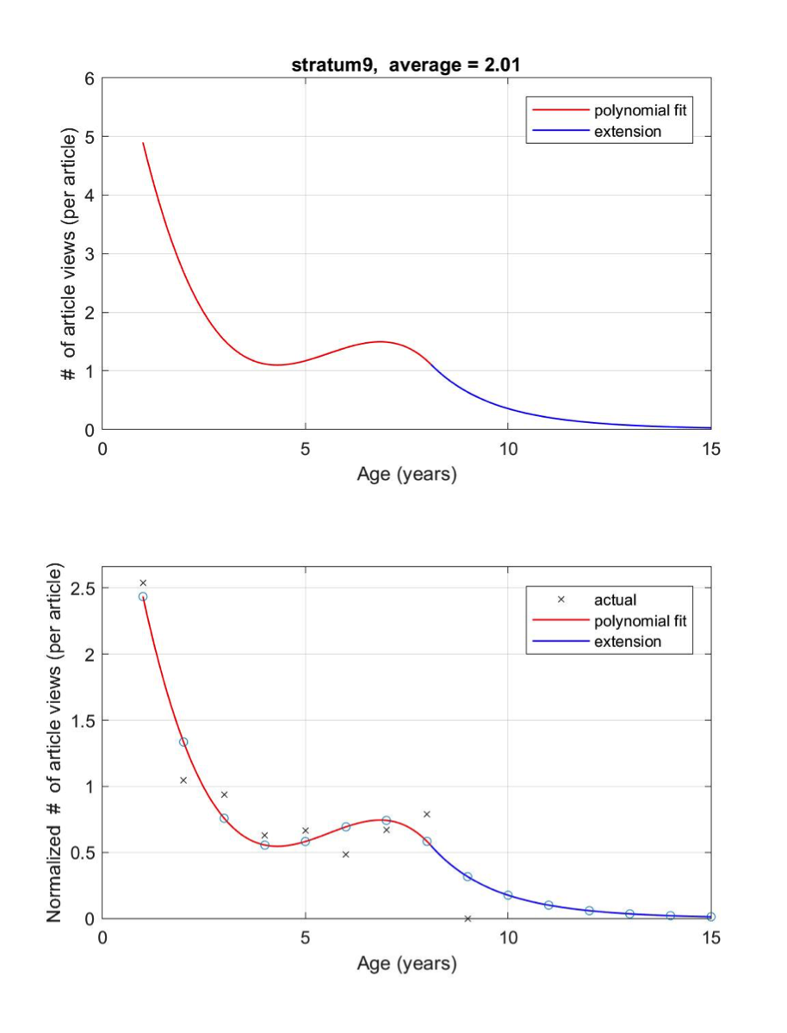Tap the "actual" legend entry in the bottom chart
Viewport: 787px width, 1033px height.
tap(615, 600)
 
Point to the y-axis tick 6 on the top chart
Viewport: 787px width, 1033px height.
tap(90, 78)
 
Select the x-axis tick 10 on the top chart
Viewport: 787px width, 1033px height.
tap(508, 448)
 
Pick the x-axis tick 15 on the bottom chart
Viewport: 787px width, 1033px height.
tap(710, 937)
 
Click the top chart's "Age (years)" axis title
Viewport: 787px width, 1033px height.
tap(406, 474)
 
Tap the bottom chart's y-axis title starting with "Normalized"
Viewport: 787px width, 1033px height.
tap(54, 744)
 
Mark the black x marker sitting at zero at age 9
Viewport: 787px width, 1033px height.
tap(468, 918)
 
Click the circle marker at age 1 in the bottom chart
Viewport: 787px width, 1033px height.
tap(143, 596)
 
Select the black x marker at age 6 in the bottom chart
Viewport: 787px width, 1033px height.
tap(345, 855)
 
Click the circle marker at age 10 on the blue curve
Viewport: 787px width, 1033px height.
tap(508, 895)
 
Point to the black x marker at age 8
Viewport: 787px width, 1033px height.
tap(426, 814)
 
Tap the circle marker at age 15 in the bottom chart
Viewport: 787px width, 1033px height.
tap(710, 917)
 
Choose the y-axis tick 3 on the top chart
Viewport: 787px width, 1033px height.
tap(90, 254)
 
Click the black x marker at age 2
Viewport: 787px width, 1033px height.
tap(183, 781)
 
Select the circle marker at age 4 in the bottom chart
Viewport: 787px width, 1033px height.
tap(264, 845)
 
